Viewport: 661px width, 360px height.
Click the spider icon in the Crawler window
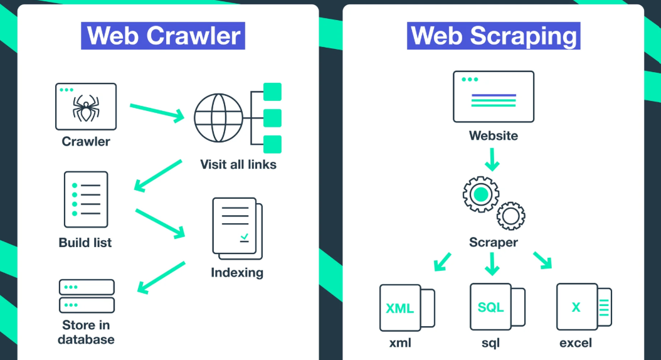(86, 108)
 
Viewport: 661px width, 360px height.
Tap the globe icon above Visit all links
(218, 117)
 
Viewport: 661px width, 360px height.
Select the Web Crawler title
(163, 35)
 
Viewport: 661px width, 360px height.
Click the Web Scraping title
(494, 35)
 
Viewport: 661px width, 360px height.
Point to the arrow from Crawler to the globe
(157, 112)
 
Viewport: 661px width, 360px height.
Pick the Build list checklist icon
(86, 199)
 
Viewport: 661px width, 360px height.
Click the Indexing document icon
(236, 228)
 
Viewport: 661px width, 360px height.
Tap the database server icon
(87, 296)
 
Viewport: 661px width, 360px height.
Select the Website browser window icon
(494, 96)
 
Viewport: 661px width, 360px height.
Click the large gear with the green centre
(480, 194)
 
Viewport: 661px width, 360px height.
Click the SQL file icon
(490, 307)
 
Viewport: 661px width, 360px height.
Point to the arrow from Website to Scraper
(493, 159)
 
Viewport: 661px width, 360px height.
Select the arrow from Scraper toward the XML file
(443, 260)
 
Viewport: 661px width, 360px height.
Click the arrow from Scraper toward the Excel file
(542, 260)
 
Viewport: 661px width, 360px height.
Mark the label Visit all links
(238, 165)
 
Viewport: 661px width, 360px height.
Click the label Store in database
(87, 332)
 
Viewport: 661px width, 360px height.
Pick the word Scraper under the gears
(494, 241)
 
